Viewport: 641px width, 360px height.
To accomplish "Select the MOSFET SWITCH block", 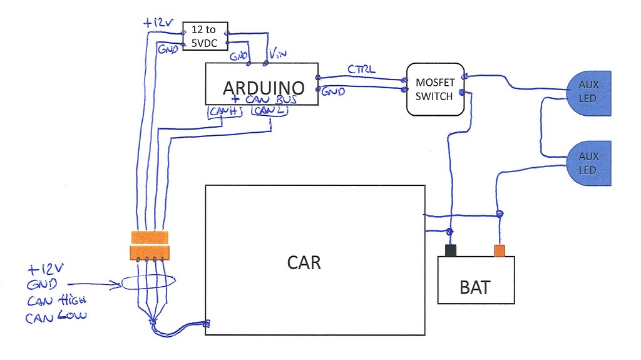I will pyautogui.click(x=435, y=89).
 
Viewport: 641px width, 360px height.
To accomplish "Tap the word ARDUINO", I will pyautogui.click(x=263, y=86).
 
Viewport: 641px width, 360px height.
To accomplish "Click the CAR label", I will pyautogui.click(x=304, y=262).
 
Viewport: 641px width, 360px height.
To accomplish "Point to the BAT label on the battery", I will pyautogui.click(x=475, y=288).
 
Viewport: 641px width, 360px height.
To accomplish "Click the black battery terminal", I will pyautogui.click(x=449, y=250).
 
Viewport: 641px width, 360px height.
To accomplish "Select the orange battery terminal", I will pyautogui.click(x=500, y=250).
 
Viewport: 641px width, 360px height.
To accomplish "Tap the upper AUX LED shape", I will pyautogui.click(x=588, y=93).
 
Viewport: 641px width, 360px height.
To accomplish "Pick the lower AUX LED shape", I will pyautogui.click(x=588, y=163).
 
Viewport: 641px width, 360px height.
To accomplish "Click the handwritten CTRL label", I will pyautogui.click(x=361, y=69).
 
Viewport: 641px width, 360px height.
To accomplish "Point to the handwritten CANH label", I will pyautogui.click(x=225, y=111).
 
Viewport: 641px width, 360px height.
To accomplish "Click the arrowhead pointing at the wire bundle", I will pyautogui.click(x=119, y=285).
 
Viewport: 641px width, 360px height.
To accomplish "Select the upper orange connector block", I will pyautogui.click(x=150, y=237).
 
